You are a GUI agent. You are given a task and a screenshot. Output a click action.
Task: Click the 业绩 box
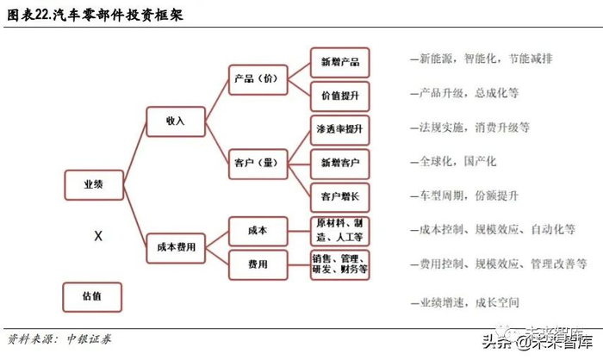[x=93, y=184]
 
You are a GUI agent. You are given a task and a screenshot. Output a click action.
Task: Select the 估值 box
[x=93, y=295]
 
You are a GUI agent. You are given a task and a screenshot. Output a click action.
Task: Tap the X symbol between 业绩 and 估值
[x=97, y=235]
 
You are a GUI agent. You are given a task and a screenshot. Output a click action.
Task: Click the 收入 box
[x=177, y=121]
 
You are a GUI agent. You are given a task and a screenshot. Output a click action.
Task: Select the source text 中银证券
[x=89, y=339]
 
